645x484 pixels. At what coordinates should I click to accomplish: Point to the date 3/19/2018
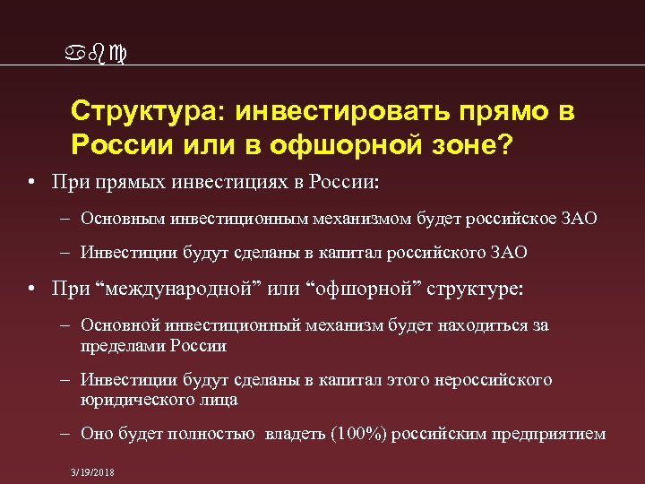click(93, 472)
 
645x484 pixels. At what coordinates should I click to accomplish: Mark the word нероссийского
click(494, 380)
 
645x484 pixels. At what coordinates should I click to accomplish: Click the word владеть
click(297, 434)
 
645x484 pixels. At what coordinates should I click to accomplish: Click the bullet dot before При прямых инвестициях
click(31, 183)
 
